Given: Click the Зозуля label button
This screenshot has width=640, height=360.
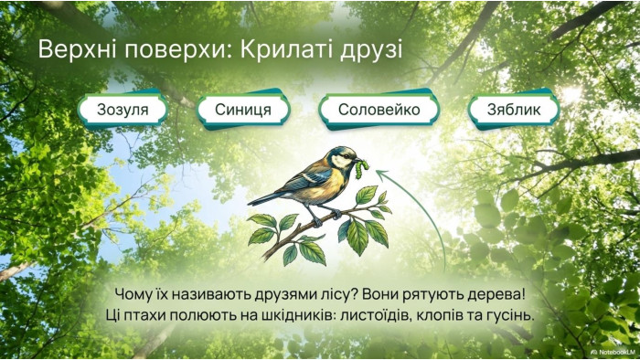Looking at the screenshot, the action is click(123, 110).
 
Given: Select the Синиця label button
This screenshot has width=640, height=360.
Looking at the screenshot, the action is click(243, 110).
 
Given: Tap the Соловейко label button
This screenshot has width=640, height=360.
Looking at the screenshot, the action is click(379, 110).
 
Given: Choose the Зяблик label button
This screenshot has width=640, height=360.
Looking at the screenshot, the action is click(514, 110).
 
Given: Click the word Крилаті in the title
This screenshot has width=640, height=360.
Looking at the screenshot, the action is click(285, 49).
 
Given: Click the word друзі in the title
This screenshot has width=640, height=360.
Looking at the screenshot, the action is click(370, 50).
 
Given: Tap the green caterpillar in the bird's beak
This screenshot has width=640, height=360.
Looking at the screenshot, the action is click(362, 169).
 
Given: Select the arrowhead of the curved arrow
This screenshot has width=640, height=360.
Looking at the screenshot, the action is click(381, 175).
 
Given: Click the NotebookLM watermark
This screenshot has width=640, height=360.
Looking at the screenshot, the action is click(613, 352).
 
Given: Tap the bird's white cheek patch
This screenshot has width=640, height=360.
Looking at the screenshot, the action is click(338, 162).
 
